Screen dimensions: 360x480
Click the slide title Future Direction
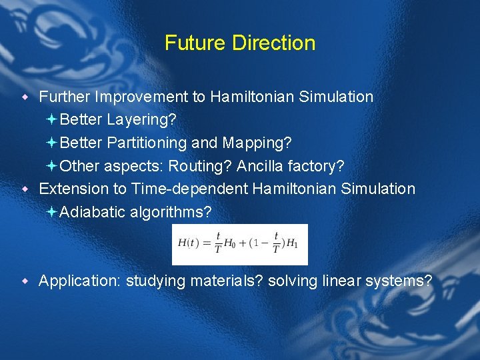tap(240, 43)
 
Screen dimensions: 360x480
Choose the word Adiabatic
tap(88, 212)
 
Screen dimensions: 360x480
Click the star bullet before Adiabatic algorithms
tap(53, 212)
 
